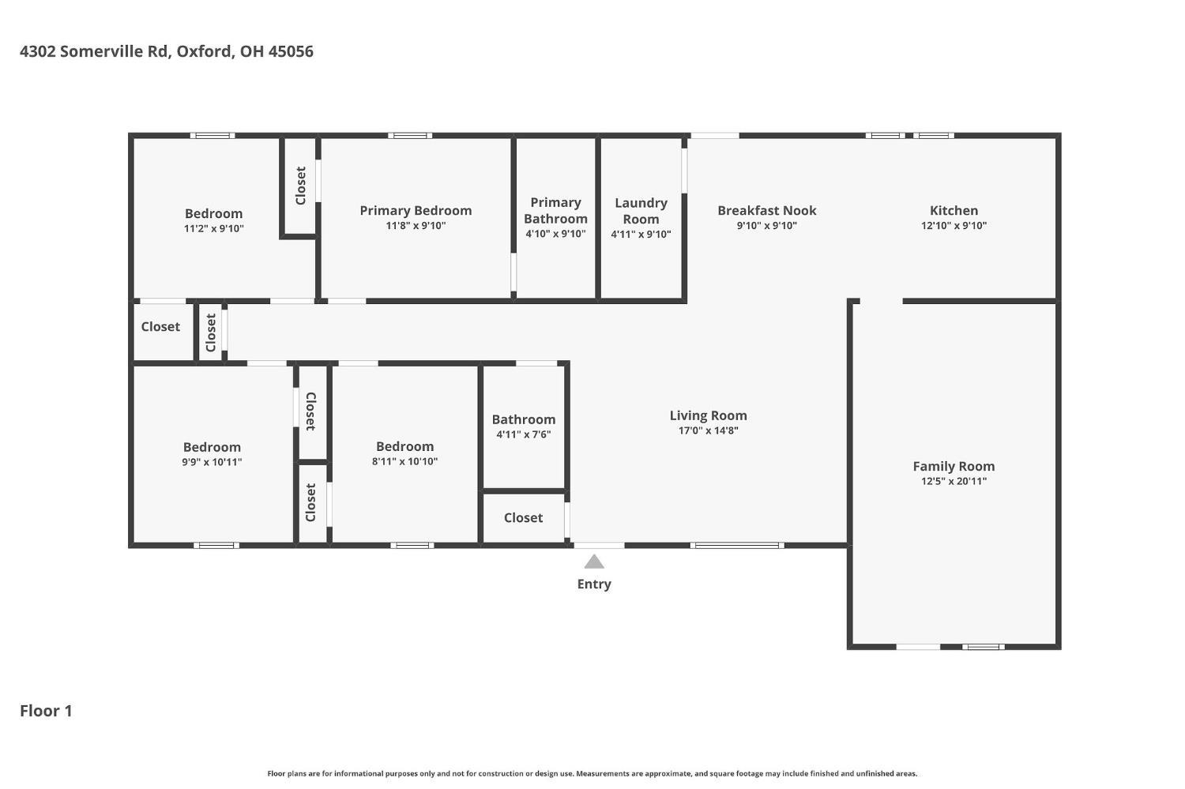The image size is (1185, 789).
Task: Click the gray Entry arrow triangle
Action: [x=594, y=562]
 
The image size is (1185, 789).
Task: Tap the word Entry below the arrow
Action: [x=594, y=584]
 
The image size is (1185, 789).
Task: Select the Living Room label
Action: [x=709, y=415]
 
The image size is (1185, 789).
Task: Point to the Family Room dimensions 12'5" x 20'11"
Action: [x=954, y=481]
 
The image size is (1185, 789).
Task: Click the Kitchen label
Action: [x=954, y=210]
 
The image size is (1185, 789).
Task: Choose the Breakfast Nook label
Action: [x=767, y=210]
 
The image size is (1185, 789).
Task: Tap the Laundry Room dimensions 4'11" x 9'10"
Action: [x=641, y=235]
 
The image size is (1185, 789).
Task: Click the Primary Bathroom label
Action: [x=556, y=210]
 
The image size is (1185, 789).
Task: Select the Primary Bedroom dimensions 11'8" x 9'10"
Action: [x=416, y=226]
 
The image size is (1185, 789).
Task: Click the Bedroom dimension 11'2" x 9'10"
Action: [x=214, y=229]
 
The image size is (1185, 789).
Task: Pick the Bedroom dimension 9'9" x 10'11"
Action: [x=213, y=462]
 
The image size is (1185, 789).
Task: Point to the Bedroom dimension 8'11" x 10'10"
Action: [x=404, y=461]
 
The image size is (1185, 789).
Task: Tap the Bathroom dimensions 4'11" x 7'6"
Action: [x=524, y=434]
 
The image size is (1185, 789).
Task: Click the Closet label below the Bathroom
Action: [x=523, y=518]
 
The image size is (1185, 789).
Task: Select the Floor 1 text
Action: [x=46, y=711]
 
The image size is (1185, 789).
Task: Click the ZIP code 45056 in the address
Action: [x=291, y=51]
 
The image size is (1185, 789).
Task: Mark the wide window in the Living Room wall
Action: [x=737, y=545]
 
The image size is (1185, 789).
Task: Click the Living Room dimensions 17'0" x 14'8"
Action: [x=709, y=430]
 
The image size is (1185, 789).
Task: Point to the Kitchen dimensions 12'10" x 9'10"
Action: [x=954, y=226]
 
